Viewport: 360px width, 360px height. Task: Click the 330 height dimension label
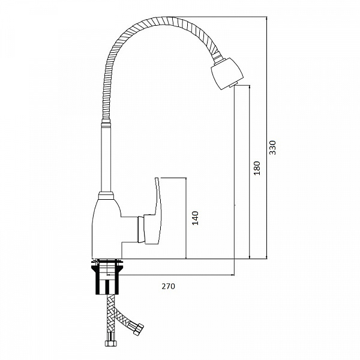click(272, 148)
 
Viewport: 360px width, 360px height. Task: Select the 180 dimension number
click(257, 168)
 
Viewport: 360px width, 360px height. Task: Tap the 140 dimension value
click(195, 218)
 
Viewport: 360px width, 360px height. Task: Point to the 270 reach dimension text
click(168, 286)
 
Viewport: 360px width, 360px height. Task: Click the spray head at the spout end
click(227, 73)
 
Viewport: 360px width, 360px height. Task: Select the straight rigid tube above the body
click(106, 158)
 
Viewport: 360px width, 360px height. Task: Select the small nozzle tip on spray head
click(232, 86)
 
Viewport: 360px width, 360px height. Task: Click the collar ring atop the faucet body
click(106, 196)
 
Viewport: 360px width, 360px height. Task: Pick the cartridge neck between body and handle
click(141, 229)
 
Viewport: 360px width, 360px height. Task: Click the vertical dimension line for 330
click(267, 137)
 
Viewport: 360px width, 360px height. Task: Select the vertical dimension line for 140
click(186, 218)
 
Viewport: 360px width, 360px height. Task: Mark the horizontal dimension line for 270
click(171, 275)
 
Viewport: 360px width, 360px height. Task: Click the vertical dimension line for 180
click(250, 172)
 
